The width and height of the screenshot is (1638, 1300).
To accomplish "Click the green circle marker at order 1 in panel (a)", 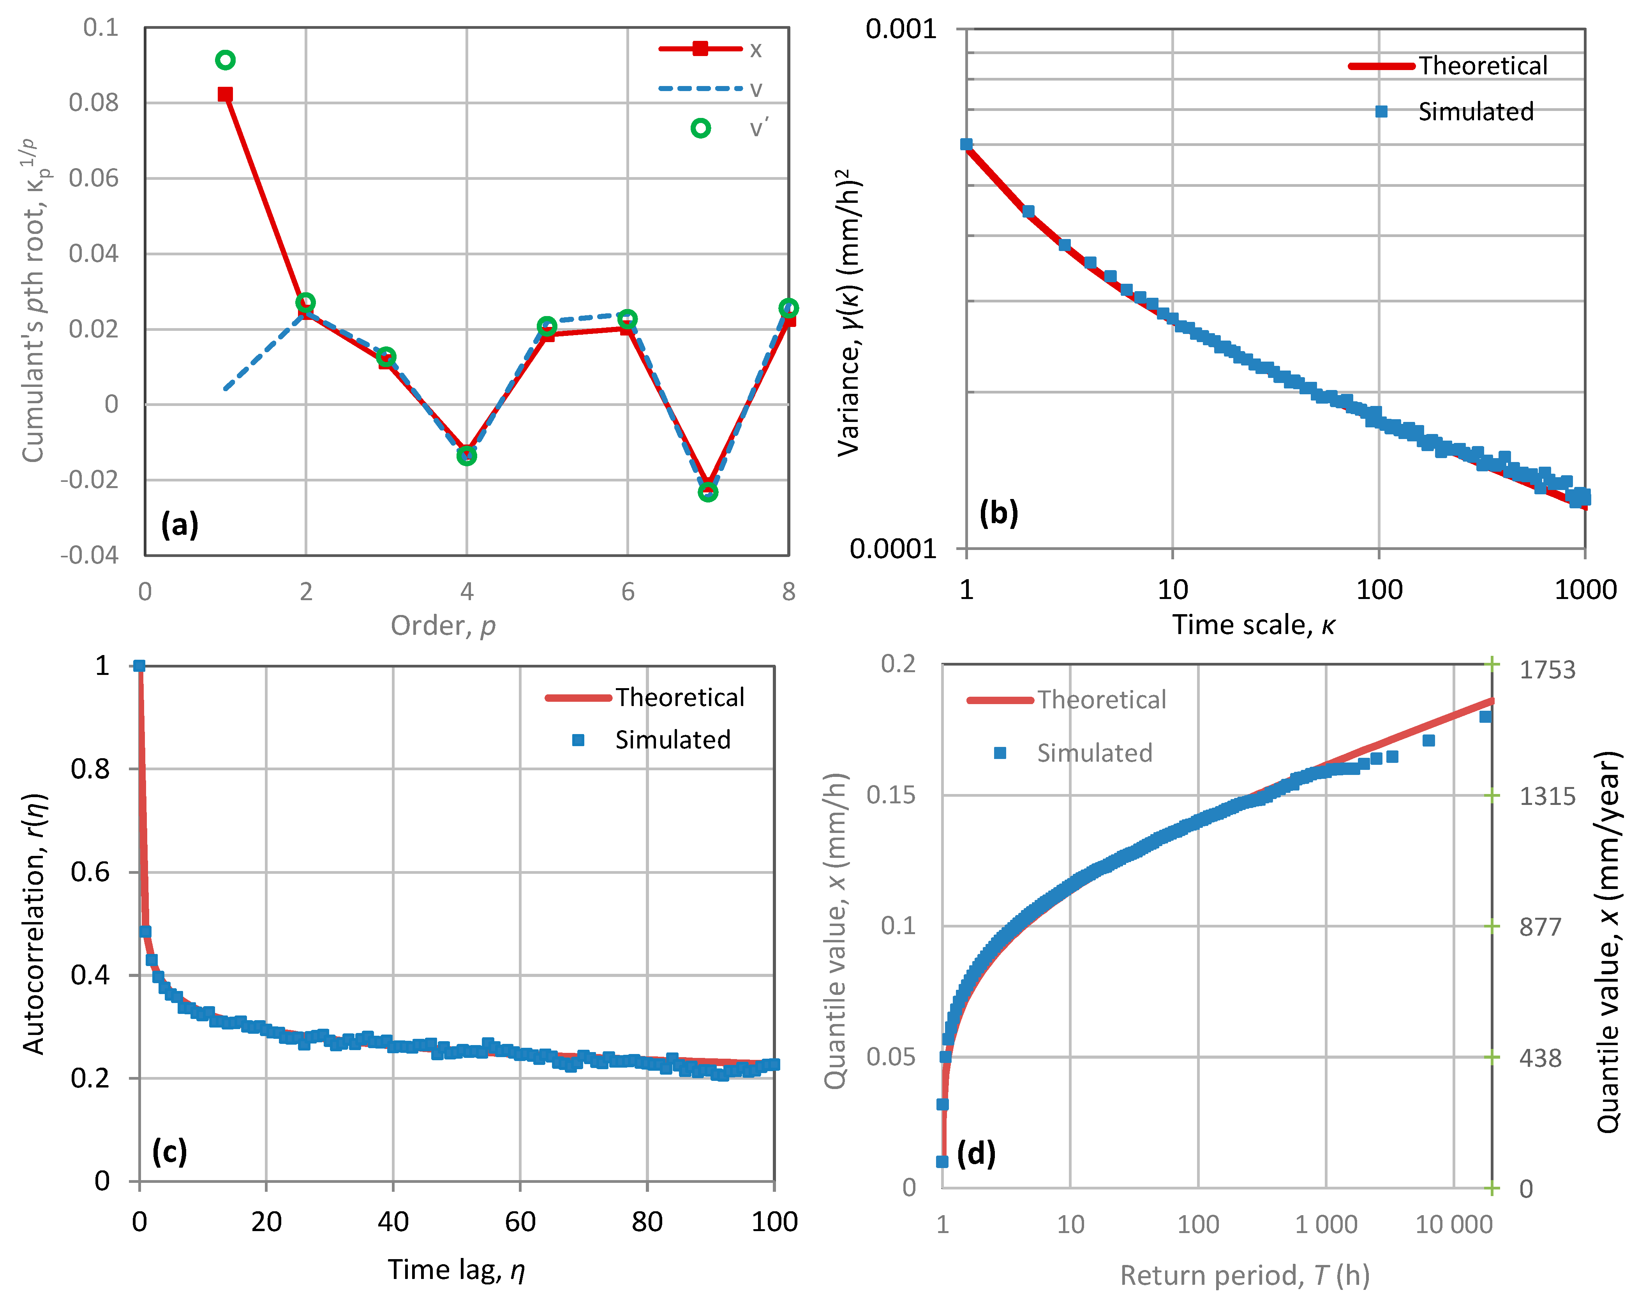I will (225, 60).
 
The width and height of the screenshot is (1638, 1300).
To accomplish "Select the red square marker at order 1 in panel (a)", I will (225, 94).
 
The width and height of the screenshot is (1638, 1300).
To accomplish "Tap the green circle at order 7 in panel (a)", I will (707, 492).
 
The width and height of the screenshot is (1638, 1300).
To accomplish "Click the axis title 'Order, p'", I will (443, 626).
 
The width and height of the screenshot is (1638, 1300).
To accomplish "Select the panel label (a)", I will (179, 524).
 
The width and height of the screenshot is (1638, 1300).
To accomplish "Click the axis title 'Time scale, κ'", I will (1253, 624).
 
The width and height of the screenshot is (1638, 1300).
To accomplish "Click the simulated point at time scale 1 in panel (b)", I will (966, 144).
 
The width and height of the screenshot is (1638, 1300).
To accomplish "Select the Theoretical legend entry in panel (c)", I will (646, 697).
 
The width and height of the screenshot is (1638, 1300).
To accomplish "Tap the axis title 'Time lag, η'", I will (456, 1270).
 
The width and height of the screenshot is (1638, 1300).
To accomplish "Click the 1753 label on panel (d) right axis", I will (1547, 670).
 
